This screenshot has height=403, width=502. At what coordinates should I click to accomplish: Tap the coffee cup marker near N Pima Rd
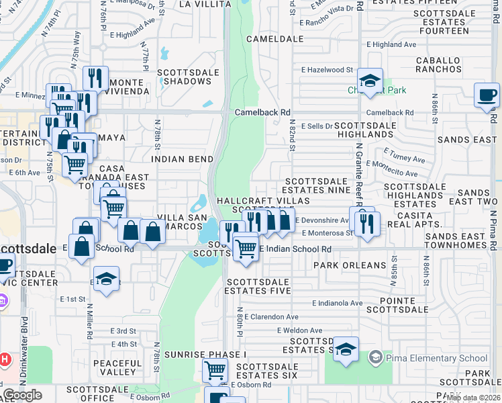(486, 95)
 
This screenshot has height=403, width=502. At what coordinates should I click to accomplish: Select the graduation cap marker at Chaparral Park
(370, 81)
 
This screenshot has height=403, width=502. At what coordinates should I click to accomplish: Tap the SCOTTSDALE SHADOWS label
(184, 77)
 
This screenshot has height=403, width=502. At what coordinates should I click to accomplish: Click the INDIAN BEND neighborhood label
(183, 159)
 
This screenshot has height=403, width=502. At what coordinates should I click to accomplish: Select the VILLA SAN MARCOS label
(180, 221)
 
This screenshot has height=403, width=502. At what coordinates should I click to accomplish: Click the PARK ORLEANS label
(350, 265)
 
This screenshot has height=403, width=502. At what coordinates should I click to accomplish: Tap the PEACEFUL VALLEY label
(117, 367)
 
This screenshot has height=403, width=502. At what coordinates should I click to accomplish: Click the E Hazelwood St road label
(327, 70)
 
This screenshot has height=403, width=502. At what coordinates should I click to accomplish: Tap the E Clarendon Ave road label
(271, 316)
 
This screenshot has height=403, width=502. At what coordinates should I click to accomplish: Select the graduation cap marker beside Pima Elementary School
(346, 349)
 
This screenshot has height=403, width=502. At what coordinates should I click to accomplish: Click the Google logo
(23, 395)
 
